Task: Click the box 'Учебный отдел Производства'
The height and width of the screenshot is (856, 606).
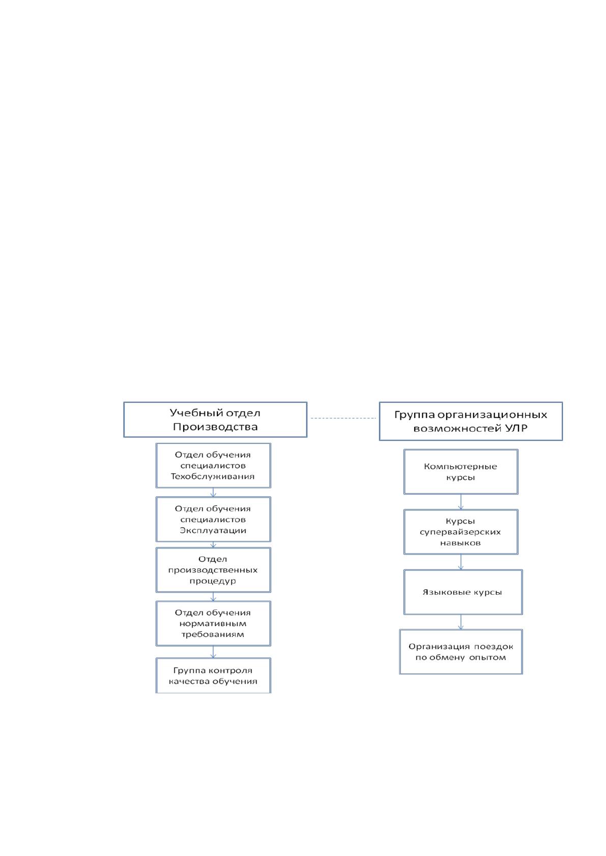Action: (x=215, y=419)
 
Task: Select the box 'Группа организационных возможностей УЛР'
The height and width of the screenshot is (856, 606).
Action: (x=471, y=421)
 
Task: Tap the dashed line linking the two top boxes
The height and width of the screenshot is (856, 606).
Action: (x=343, y=418)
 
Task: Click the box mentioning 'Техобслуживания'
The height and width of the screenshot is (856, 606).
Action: (x=213, y=466)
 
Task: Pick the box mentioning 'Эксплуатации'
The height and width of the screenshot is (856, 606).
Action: (x=213, y=519)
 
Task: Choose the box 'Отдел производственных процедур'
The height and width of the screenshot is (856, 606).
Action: (x=213, y=570)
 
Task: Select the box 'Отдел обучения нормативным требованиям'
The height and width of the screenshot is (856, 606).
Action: (x=213, y=623)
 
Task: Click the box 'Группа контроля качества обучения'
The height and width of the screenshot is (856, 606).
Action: (x=213, y=675)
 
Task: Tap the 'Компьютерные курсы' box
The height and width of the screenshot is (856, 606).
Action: (x=460, y=472)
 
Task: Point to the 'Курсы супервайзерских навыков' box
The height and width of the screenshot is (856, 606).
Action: (x=460, y=532)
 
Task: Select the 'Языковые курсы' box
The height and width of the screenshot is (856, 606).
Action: (x=463, y=592)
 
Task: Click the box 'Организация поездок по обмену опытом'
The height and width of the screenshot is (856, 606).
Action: (x=460, y=652)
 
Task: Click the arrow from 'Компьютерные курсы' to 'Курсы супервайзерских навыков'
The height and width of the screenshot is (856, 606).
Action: (x=460, y=502)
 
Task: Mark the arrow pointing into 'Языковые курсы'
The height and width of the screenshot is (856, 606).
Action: (x=460, y=562)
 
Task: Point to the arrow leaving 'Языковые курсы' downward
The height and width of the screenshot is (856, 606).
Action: (x=460, y=622)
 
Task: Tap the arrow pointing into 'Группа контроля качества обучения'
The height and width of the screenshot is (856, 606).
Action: (x=213, y=652)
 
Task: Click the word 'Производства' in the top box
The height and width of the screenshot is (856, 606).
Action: (x=215, y=426)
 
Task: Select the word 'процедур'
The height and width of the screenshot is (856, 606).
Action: (x=213, y=581)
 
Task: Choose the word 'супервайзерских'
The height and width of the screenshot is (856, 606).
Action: (x=460, y=532)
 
